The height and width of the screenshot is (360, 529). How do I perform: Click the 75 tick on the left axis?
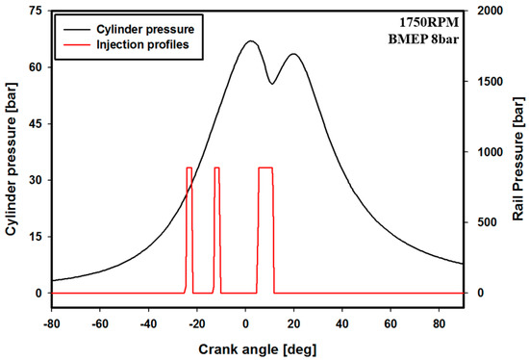35,11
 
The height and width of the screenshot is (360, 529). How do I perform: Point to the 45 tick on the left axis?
35,123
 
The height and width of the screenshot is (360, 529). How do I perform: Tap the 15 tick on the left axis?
35,237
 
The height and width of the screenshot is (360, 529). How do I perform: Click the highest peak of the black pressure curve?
250,41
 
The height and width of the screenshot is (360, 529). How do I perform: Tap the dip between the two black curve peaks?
272,84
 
